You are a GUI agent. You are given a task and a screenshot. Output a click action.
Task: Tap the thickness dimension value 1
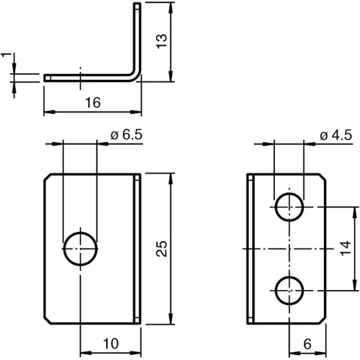6,56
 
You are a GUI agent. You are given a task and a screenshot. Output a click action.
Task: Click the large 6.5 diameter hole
80,248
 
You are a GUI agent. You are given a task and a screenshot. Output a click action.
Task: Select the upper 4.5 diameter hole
289,207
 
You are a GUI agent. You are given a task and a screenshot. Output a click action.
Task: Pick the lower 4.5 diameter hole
289,290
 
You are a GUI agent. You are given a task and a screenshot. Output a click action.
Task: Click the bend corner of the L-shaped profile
135,75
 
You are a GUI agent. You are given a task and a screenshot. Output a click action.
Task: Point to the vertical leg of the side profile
137,36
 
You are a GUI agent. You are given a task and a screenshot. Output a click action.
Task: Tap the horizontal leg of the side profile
86,76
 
